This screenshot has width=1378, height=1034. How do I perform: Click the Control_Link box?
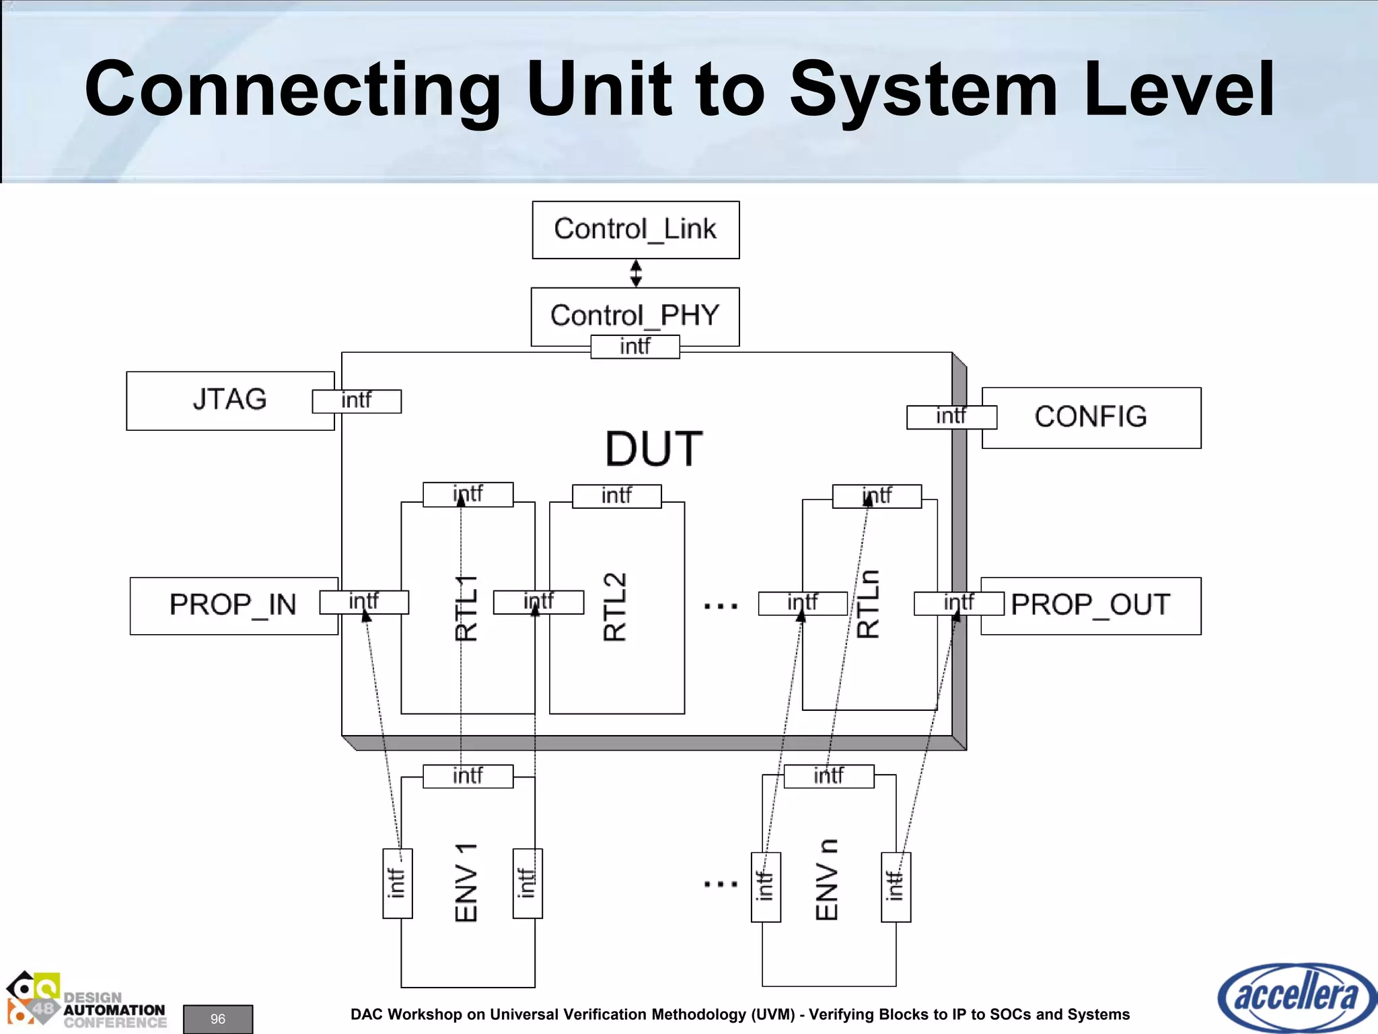(x=635, y=230)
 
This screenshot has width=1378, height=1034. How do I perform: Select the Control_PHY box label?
(x=634, y=315)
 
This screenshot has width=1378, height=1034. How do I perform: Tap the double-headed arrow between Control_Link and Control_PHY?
(x=636, y=273)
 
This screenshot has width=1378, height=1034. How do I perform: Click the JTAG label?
(x=229, y=399)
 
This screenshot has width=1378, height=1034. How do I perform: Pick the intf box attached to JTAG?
(x=357, y=401)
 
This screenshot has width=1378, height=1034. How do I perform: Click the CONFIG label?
(x=1091, y=417)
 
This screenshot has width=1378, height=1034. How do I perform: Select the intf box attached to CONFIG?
(x=951, y=417)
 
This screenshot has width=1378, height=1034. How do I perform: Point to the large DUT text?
(x=653, y=449)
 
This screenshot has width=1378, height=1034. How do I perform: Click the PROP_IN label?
(x=233, y=605)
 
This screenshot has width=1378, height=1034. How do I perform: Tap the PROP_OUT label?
(x=1091, y=605)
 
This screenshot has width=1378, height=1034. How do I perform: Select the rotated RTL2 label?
(x=615, y=607)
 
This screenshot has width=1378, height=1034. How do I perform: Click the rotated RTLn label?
(x=868, y=604)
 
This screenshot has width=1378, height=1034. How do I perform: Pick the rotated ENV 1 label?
(x=466, y=882)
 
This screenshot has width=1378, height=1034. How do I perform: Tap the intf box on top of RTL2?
(x=616, y=496)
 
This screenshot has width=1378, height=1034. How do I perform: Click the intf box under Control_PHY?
(x=634, y=347)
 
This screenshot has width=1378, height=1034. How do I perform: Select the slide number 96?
(x=218, y=1019)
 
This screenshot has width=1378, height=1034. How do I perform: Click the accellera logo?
(x=1296, y=996)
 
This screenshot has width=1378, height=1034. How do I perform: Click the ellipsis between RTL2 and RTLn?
(x=721, y=607)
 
